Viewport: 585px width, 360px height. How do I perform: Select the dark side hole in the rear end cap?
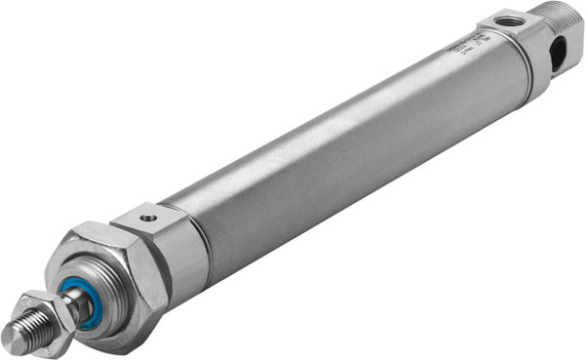(x=557, y=55)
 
